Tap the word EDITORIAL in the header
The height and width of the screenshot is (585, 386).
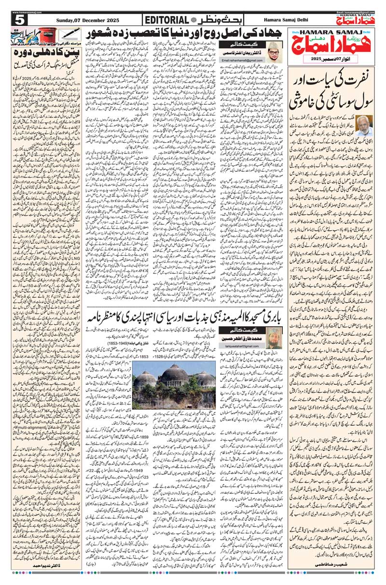coord(165,20)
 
